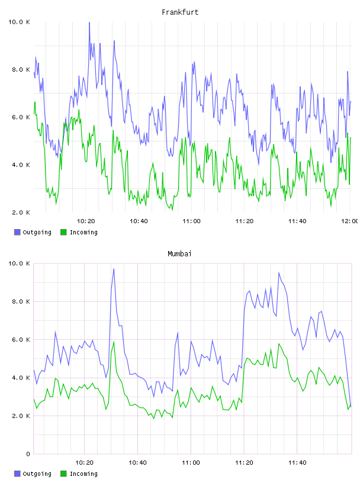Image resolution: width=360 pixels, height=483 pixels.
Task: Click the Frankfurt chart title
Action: [x=180, y=12]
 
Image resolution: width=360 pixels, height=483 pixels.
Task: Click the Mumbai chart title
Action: [x=179, y=254]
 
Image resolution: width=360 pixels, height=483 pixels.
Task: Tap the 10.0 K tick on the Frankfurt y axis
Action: [x=19, y=22]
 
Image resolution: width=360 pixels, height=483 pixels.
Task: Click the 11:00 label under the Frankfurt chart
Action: [x=191, y=221]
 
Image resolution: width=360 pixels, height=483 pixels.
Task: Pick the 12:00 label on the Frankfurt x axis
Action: [x=350, y=221]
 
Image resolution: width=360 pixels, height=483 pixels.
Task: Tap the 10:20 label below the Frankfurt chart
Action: [x=86, y=221]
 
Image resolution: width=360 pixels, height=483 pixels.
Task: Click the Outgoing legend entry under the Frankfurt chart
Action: [x=33, y=232]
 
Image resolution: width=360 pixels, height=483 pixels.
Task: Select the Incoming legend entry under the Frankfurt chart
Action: [x=79, y=232]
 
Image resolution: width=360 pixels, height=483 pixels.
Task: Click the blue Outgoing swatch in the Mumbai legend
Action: [x=17, y=474]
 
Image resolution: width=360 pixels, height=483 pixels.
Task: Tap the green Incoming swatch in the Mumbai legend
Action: [x=63, y=474]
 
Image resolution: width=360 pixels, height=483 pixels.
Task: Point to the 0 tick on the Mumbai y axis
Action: [x=28, y=454]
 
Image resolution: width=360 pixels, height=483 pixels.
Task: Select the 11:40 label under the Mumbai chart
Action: [x=297, y=463]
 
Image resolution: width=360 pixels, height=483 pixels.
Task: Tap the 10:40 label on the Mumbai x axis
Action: [x=137, y=463]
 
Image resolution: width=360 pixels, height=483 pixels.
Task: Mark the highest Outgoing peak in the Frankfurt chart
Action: [x=89, y=22]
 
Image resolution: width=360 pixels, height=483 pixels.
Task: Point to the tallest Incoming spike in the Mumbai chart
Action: [x=114, y=342]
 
